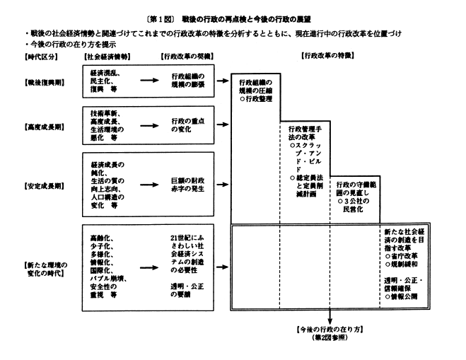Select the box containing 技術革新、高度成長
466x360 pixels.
108,126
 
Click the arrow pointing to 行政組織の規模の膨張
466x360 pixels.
148,81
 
